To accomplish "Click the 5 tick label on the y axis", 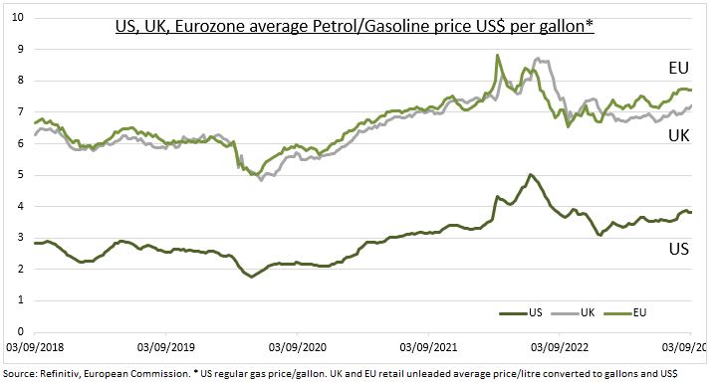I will pyautogui.click(x=20, y=174).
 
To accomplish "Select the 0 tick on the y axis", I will pyautogui.click(x=20, y=330).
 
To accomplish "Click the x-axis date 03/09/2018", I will pyautogui.click(x=35, y=348).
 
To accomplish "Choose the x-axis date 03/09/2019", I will pyautogui.click(x=166, y=348).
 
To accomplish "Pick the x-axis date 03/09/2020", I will pyautogui.click(x=297, y=348).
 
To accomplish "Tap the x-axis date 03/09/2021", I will pyautogui.click(x=428, y=348).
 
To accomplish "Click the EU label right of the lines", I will pyautogui.click(x=679, y=68).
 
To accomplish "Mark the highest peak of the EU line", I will pyautogui.click(x=497, y=56).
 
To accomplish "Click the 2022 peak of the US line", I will pyautogui.click(x=530, y=175).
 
